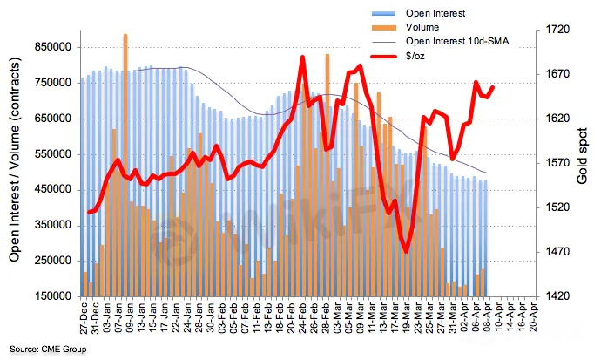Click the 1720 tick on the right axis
pos(550,31)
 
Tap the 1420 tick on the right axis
pos(550,296)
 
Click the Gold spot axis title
pos(582,161)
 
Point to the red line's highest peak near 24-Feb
pos(302,58)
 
